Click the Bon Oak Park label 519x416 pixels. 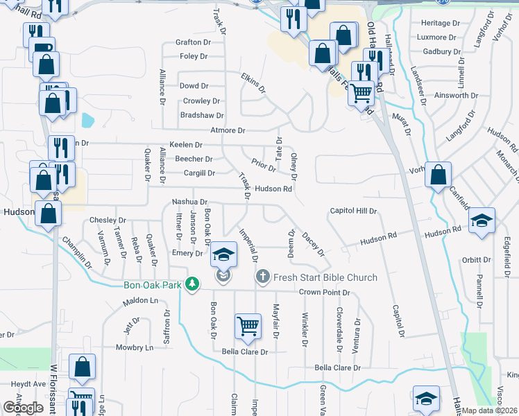coord(152,285)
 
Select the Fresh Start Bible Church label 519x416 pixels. coord(325,277)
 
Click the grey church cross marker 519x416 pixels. coord(262,277)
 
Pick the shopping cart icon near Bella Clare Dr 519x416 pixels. coord(248,325)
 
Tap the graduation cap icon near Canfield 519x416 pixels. coord(482,220)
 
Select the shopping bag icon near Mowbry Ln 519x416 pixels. coord(82,369)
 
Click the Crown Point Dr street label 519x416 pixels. coord(324,293)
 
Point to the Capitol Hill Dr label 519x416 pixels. coord(353,211)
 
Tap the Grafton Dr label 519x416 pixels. coord(193,42)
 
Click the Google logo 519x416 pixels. coord(23,408)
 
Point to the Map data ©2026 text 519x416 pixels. coord(490,410)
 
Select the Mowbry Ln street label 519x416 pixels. coord(134,347)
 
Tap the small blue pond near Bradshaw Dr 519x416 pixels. coord(87,120)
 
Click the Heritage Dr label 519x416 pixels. coord(441,23)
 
